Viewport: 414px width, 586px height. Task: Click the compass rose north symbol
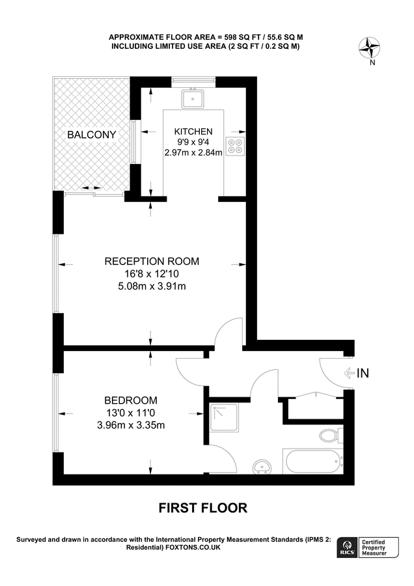coord(372,48)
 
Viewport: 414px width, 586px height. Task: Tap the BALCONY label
coord(92,135)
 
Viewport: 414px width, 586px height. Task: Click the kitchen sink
coord(193,98)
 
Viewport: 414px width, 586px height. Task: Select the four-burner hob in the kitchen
coord(234,146)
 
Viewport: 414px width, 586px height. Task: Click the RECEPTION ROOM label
coord(152,261)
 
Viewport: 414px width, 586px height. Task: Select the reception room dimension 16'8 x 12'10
coord(152,273)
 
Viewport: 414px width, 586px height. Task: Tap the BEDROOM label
coord(131,400)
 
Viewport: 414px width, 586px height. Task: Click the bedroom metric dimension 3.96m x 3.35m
coord(131,425)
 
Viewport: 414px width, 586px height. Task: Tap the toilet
coord(329,434)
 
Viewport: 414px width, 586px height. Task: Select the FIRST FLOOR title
coord(203,508)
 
